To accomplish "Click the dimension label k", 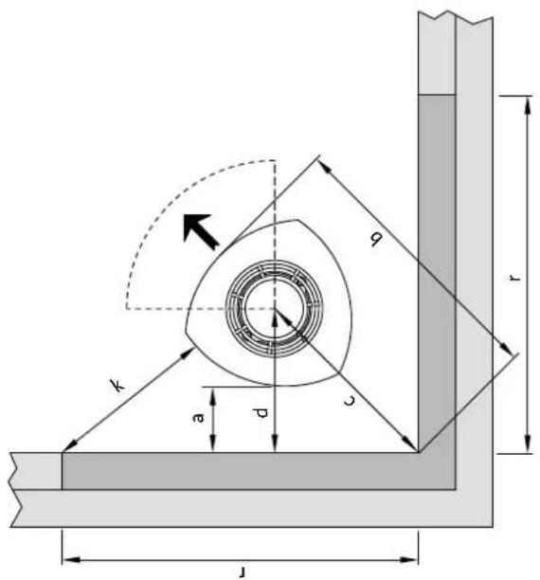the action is (x=118, y=385).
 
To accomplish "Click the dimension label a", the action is (x=199, y=417).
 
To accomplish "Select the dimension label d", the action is (x=261, y=413).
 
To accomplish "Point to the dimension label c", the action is (x=350, y=400).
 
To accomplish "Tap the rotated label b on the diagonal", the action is (x=376, y=240).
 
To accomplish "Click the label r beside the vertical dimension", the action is (x=514, y=278).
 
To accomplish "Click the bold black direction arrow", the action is (x=200, y=229).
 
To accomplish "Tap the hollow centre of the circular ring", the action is (x=274, y=308).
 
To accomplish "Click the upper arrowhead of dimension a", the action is (x=212, y=393).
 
